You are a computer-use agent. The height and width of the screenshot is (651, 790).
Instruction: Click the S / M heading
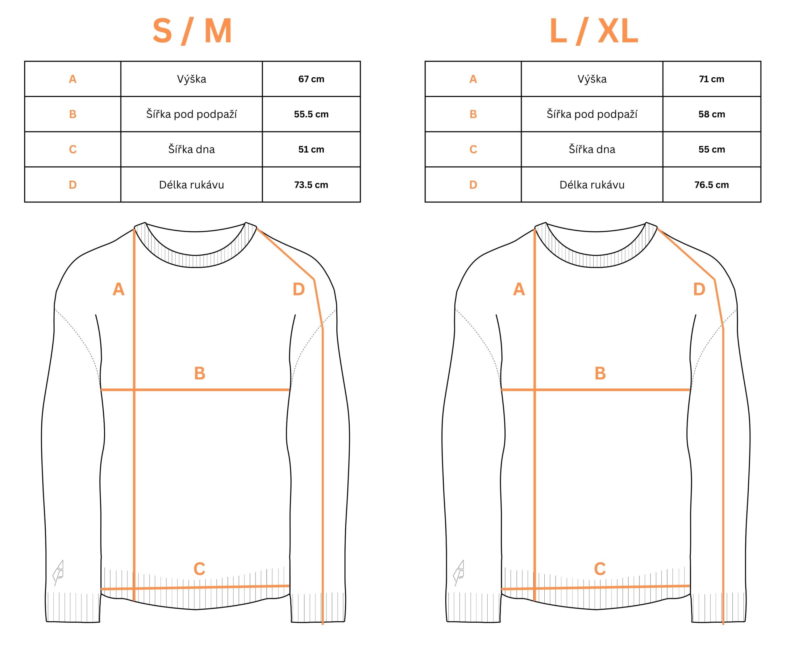click(x=192, y=31)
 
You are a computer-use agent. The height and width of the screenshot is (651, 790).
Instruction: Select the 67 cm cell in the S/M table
click(x=311, y=79)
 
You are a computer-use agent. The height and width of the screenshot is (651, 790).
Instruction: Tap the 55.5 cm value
click(x=311, y=114)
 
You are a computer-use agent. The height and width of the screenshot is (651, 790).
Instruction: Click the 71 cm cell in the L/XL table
click(x=711, y=79)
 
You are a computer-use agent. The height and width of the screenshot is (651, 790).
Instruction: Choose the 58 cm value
click(x=711, y=114)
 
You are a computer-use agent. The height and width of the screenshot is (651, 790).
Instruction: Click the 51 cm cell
click(x=311, y=149)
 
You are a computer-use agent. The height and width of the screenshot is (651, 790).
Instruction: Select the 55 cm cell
click(x=711, y=149)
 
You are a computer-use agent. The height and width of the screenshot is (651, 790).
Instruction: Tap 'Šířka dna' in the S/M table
click(x=192, y=149)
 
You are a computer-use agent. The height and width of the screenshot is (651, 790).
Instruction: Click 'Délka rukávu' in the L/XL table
click(x=592, y=184)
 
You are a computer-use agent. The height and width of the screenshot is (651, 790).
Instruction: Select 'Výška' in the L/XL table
click(x=592, y=79)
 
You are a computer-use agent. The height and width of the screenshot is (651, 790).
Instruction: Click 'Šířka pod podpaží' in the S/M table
click(x=192, y=114)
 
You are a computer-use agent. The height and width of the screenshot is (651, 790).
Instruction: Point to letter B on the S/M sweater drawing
click(x=200, y=373)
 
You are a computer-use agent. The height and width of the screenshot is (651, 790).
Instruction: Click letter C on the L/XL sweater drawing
click(x=600, y=569)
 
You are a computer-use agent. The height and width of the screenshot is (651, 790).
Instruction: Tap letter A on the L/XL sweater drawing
click(x=519, y=289)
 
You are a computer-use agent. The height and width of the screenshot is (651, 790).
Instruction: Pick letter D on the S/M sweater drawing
click(x=299, y=289)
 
